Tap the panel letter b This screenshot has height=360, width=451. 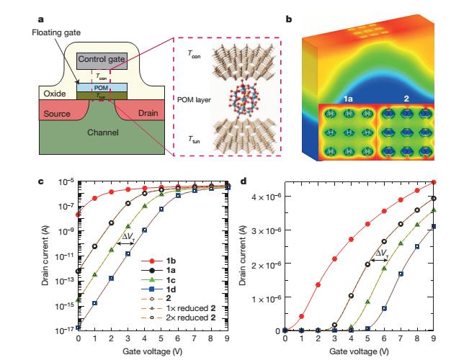click(289, 19)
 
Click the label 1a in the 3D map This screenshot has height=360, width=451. click(348, 96)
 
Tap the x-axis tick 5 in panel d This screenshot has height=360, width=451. click(367, 338)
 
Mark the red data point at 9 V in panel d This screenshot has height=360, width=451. click(433, 182)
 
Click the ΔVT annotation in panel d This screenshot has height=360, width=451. click(380, 254)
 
